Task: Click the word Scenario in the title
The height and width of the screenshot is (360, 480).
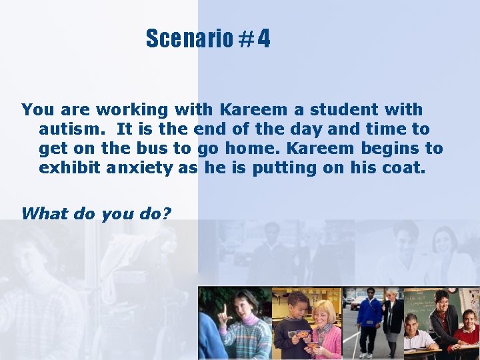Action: pyautogui.click(x=189, y=39)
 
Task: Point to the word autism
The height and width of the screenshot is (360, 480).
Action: pyautogui.click(x=73, y=129)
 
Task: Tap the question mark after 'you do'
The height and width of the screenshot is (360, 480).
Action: pyautogui.click(x=167, y=213)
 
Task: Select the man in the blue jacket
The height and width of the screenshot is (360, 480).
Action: pyautogui.click(x=369, y=317)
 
